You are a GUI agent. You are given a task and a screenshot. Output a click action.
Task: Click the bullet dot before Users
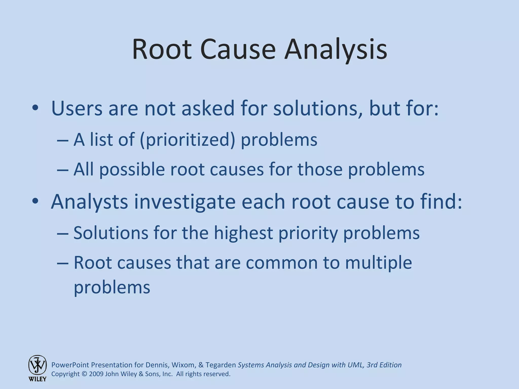coord(35,108)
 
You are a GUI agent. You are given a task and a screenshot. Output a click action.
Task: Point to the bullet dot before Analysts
coord(35,201)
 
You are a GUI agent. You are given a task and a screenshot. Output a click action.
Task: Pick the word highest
coord(243,233)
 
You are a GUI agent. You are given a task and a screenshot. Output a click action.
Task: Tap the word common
coord(281,263)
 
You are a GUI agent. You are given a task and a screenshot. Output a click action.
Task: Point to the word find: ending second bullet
coord(441,201)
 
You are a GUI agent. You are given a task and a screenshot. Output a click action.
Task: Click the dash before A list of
coord(63,140)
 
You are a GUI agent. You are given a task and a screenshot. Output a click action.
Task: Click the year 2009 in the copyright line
coord(96,374)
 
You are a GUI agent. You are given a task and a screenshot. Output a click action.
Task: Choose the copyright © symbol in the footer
coord(84,374)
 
